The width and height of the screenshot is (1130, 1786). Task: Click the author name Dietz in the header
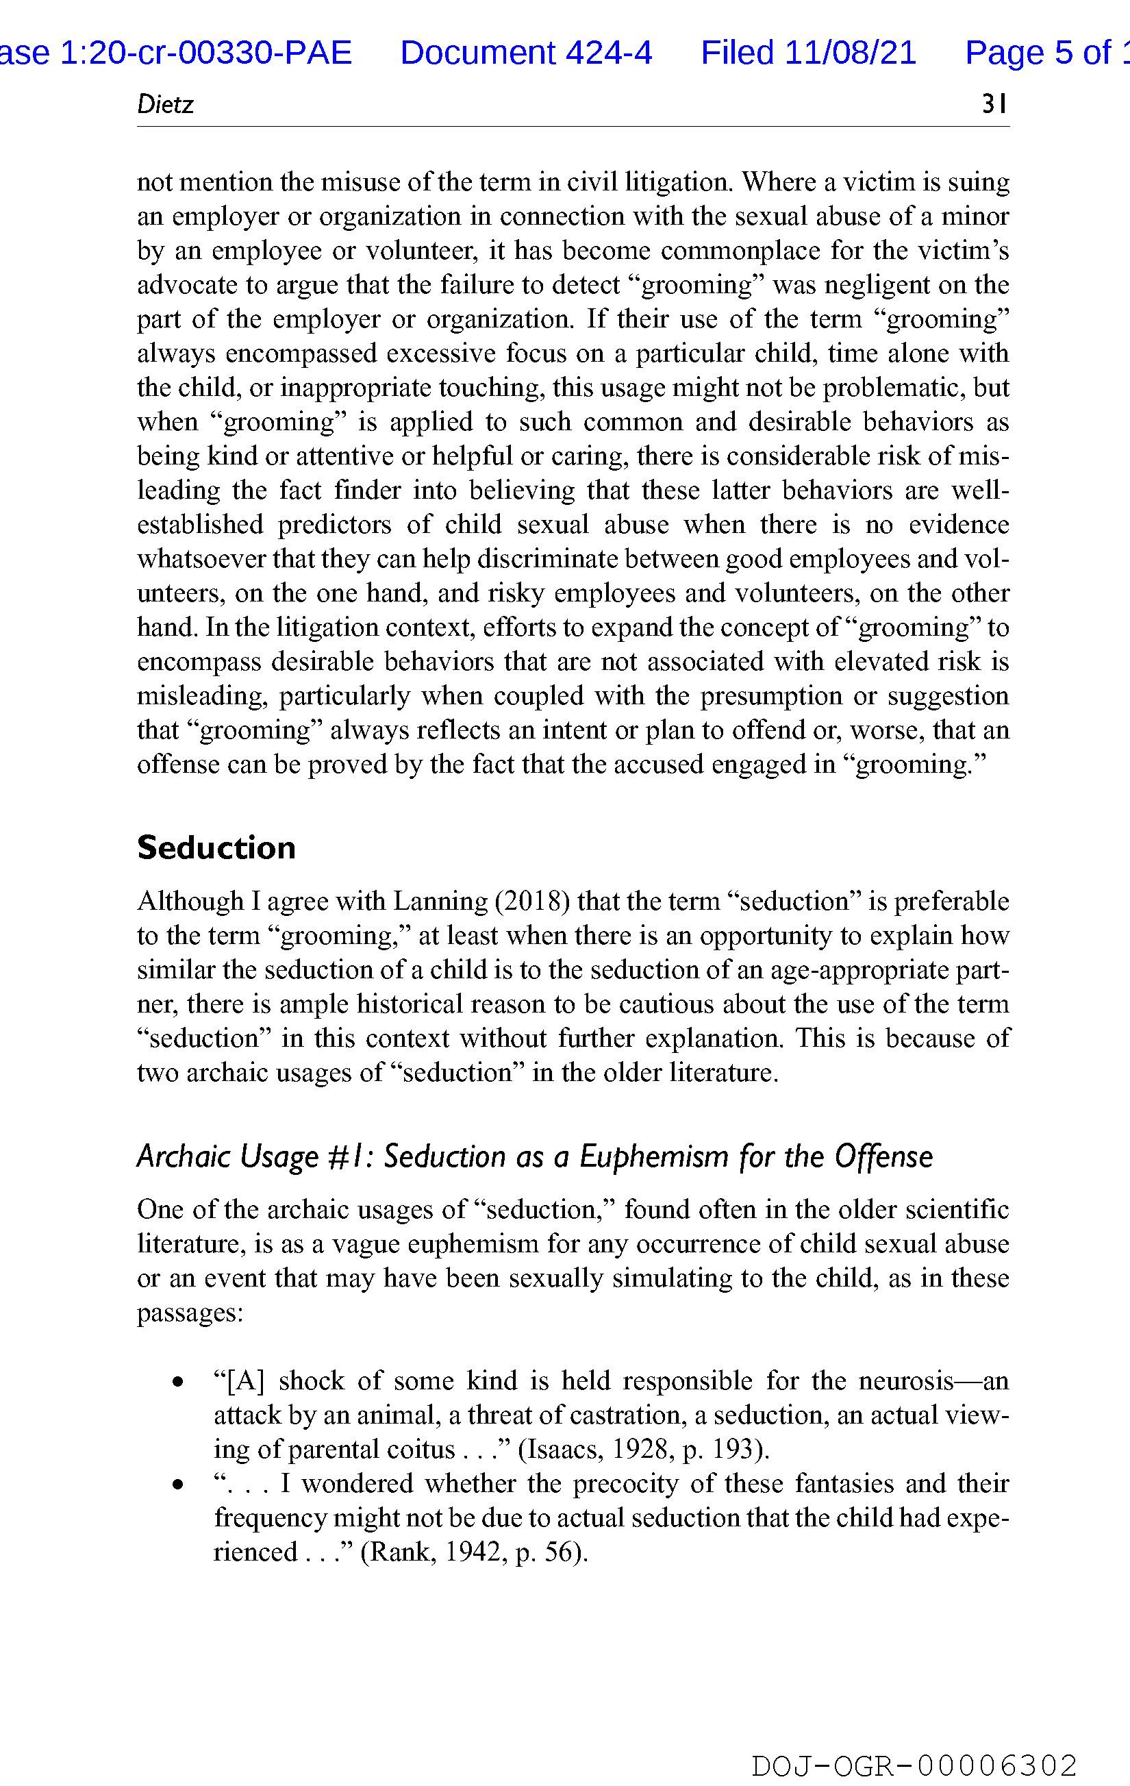(x=164, y=105)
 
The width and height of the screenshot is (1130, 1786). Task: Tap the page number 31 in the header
(x=994, y=105)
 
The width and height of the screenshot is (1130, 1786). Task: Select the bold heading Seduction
(x=216, y=847)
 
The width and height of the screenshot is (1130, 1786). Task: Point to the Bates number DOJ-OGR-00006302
(x=914, y=1765)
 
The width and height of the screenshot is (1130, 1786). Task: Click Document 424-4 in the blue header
(x=526, y=53)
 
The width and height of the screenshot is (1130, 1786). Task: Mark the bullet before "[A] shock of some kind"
(x=177, y=1382)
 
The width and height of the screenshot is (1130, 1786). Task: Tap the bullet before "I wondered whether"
(x=177, y=1484)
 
